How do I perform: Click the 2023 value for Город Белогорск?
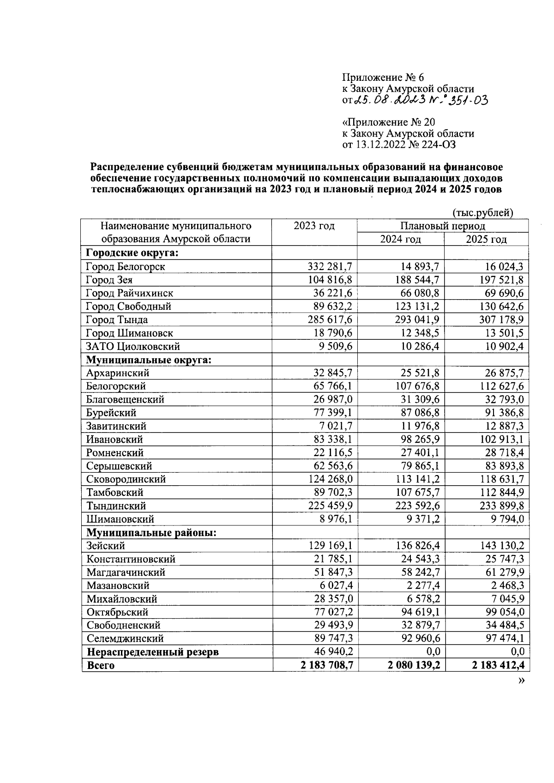[x=330, y=266]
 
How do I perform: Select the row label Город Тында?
[x=117, y=319]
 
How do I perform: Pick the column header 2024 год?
[x=400, y=239]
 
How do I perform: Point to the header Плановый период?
[x=442, y=226]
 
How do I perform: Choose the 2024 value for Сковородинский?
[x=416, y=479]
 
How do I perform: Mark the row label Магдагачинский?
[x=126, y=572]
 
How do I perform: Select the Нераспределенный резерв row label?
[x=153, y=652]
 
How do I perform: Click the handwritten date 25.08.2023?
[x=386, y=100]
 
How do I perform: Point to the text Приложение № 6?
[x=383, y=77]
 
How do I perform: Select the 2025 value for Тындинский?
[x=501, y=506]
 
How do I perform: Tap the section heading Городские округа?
[x=132, y=253]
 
